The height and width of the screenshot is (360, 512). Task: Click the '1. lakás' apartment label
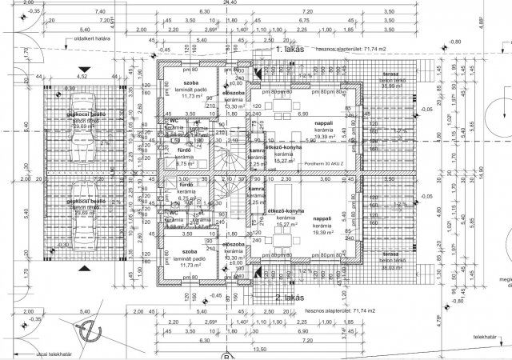286,50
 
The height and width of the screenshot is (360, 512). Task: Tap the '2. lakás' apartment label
286,297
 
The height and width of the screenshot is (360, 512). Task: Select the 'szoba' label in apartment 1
190,82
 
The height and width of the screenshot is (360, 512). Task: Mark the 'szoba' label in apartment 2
190,251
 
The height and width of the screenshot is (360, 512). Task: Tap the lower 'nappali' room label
322,218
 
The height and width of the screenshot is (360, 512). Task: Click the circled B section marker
226,356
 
